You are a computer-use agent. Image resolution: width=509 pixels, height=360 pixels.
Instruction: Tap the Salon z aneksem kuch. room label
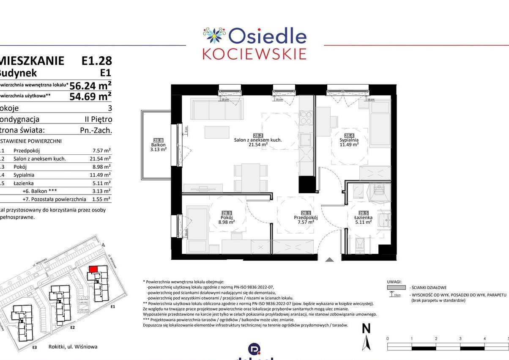(x=258, y=142)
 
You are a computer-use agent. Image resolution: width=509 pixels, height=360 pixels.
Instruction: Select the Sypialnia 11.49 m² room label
(x=349, y=142)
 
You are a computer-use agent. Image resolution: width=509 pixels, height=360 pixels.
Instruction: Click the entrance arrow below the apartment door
(x=329, y=260)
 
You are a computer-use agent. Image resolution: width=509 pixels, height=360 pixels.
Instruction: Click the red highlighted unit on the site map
(x=93, y=269)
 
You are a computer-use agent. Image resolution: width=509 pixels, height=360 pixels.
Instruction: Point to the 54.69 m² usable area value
(x=90, y=96)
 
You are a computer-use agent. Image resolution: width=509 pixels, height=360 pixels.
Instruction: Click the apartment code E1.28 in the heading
(x=97, y=61)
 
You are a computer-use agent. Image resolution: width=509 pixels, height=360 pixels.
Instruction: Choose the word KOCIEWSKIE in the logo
(x=254, y=54)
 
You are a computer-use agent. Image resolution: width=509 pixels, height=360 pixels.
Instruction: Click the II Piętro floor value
(x=98, y=119)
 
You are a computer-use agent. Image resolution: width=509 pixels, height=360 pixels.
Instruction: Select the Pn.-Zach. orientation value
(x=96, y=131)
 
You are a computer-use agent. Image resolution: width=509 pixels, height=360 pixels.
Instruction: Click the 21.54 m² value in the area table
(x=101, y=159)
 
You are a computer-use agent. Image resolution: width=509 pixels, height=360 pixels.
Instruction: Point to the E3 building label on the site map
(x=35, y=348)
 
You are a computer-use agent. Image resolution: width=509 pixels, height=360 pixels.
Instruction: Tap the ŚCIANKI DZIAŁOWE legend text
(x=430, y=287)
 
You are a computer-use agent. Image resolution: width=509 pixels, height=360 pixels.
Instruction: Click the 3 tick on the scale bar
(x=460, y=339)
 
